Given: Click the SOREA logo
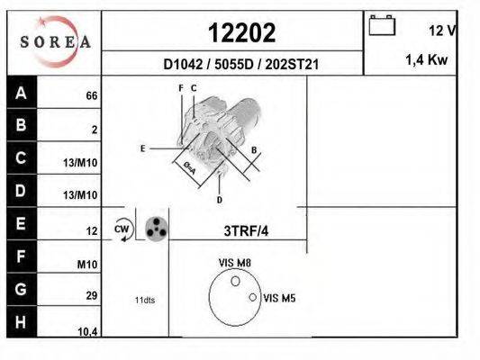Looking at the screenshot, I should pos(56,42).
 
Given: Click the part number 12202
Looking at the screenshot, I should pos(241,33).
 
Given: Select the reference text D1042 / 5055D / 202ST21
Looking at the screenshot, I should pos(241,65).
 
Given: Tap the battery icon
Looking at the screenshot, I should pos(383,25).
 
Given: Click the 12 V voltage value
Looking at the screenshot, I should pos(442,31).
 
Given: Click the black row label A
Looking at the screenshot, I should pos(21,93).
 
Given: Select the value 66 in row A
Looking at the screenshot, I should pos(91,95).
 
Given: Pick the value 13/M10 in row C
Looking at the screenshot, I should pos(81,162).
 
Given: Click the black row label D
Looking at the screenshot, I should pos(21,192).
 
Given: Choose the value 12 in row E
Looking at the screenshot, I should pos(91,231).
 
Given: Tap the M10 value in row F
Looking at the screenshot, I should pos(86,265).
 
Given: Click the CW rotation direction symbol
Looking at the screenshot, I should pos(122,229).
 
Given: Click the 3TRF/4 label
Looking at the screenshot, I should pos(246,230).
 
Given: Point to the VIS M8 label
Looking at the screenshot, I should pos(234,263).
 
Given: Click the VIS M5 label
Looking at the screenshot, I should pos(279,297).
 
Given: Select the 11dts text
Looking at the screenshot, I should pos(144,300).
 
